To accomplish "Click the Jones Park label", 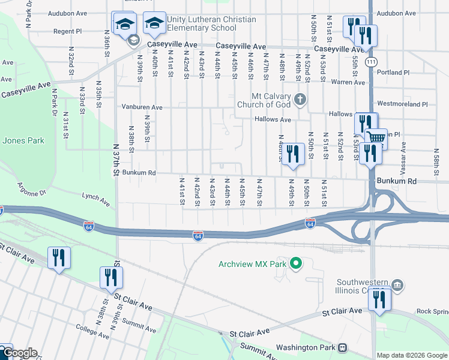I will pyautogui.click(x=23, y=141).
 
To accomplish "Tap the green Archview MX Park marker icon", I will pyautogui.click(x=295, y=263).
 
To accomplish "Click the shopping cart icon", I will pyautogui.click(x=376, y=137).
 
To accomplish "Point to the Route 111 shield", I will pyautogui.click(x=373, y=62).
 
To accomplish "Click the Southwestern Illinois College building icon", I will pyautogui.click(x=397, y=283).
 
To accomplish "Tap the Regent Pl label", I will pyautogui.click(x=67, y=31).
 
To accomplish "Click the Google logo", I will pyautogui.click(x=19, y=353).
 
